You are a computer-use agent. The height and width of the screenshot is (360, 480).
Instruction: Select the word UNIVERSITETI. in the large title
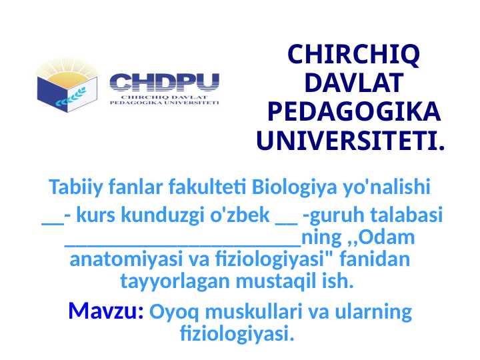coord(351,141)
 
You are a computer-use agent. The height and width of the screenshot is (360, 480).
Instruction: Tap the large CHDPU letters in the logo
coord(164,83)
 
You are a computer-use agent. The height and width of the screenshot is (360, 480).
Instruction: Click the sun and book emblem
coord(67,83)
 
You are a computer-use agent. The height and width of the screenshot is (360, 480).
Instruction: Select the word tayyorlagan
coord(175,281)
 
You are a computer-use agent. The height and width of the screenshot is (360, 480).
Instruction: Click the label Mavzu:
coord(106,311)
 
